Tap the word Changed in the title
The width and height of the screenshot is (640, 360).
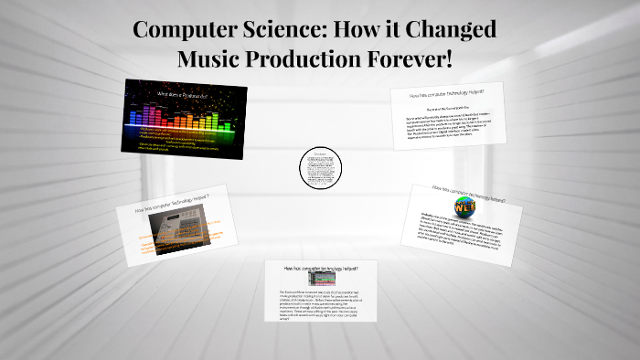click(452, 29)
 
